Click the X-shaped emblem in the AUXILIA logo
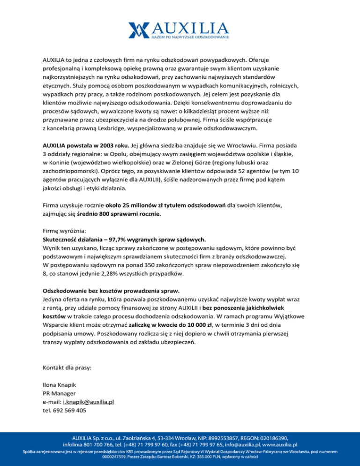click(139, 29)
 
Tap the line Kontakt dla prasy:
click(67, 368)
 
